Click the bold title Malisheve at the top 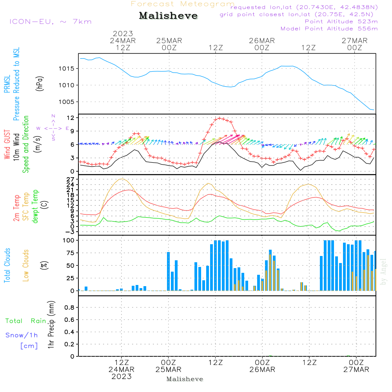[x=168, y=16]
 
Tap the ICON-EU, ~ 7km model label [x=50, y=22]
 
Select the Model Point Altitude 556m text [x=329, y=29]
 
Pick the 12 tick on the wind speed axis [x=71, y=118]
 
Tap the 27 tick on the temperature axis [x=71, y=179]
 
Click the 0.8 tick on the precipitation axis [x=69, y=308]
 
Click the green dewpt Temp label [x=36, y=207]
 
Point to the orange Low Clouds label [x=26, y=265]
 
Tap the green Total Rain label [x=25, y=321]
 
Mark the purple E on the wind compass [x=67, y=128]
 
